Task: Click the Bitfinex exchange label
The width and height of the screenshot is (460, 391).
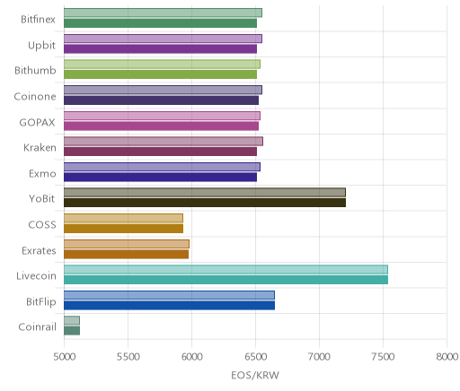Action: [38, 20]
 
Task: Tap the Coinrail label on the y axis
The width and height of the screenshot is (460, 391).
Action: [37, 327]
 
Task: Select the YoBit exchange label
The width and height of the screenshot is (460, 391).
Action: [42, 199]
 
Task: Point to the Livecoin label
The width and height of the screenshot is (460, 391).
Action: [36, 275]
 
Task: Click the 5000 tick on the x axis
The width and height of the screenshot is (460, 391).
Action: [65, 357]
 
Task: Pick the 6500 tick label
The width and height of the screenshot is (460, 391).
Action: [255, 357]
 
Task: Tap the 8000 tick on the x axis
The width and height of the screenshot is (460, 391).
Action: [447, 357]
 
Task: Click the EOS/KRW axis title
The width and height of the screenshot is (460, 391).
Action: [255, 375]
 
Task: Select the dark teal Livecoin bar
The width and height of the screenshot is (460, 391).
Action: [226, 280]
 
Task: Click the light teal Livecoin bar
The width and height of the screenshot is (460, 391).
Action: [226, 270]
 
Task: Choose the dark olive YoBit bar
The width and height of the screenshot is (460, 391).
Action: [205, 203]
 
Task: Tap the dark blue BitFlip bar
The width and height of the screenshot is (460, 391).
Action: [169, 306]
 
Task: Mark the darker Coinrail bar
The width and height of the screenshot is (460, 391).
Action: [72, 331]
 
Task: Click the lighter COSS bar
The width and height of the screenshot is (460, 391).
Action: [123, 218]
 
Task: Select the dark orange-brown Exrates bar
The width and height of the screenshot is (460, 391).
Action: [126, 255]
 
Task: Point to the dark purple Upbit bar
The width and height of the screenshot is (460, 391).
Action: [160, 49]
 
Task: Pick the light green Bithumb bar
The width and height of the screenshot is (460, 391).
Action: [162, 65]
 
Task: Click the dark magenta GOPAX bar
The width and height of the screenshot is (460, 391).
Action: [161, 126]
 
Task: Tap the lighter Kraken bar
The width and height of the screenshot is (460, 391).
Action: [164, 142]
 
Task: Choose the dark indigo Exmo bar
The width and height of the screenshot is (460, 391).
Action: [160, 178]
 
